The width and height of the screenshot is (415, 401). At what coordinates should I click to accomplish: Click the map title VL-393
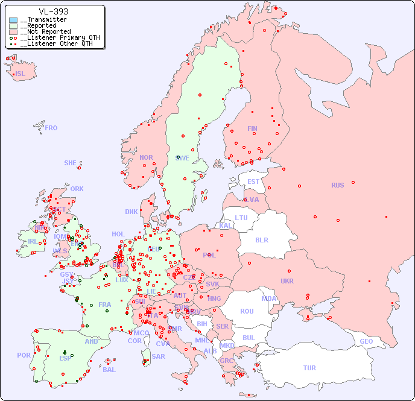[53, 11]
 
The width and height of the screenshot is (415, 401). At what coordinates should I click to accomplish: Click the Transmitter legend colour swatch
[13, 20]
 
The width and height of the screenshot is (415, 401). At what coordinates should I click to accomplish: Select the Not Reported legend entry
[45, 31]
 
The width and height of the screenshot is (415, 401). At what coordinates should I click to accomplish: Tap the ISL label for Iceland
[21, 74]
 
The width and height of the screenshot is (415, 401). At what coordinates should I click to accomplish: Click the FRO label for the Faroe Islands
[51, 128]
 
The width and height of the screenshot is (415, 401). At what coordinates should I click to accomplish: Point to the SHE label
[71, 163]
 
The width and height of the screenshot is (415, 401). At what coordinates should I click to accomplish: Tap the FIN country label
[252, 128]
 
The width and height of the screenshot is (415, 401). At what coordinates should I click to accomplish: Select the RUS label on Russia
[337, 185]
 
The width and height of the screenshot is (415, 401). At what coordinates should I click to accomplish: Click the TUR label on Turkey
[309, 368]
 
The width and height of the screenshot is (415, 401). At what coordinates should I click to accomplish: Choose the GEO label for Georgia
[366, 341]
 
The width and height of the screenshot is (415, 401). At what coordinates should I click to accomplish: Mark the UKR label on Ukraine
[287, 281]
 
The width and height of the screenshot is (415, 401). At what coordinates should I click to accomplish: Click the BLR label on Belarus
[261, 239]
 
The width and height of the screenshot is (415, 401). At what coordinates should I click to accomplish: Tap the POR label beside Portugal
[24, 355]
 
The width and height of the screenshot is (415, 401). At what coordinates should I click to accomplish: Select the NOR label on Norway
[146, 157]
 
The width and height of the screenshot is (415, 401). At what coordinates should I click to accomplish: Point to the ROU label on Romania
[247, 311]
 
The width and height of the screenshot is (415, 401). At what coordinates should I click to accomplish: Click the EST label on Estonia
[253, 182]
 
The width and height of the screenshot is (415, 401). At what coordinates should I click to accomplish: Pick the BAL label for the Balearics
[109, 370]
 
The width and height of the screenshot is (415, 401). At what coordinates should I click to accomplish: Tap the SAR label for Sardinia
[158, 356]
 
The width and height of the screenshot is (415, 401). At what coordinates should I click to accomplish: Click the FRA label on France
[105, 305]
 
